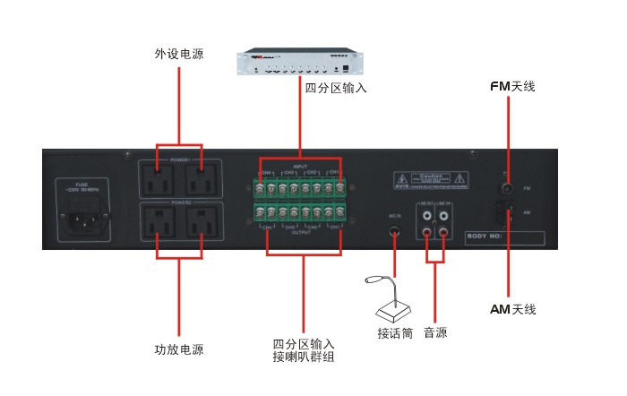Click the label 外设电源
[179, 54]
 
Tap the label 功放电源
[179, 349]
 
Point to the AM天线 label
[512, 309]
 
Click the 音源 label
[435, 332]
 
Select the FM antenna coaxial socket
[507, 189]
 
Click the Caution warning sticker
[440, 182]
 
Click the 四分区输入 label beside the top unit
[336, 89]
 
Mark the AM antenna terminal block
[507, 212]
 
